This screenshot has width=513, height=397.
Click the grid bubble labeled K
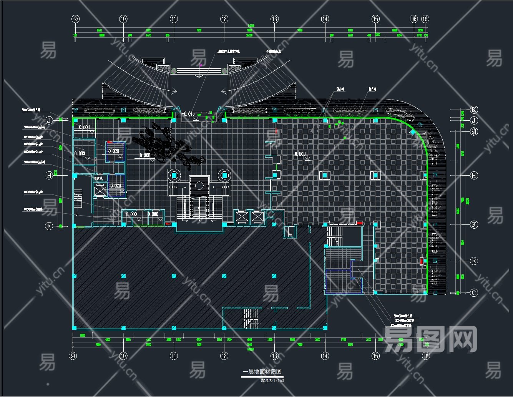pos(474,110)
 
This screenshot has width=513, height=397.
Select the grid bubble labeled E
pos(474,261)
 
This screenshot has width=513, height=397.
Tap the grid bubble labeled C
pos(474,293)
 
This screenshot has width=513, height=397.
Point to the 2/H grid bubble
pos(474,131)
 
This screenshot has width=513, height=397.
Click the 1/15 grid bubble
pos(413,19)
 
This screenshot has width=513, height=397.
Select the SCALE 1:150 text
pos(272,380)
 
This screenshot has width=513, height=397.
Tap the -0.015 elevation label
pos(188,114)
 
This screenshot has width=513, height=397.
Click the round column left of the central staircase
pos(174,175)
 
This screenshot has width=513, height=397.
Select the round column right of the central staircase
pos(224,175)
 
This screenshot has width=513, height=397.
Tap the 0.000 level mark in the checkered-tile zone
pos(300,154)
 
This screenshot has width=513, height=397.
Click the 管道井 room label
pos(100,178)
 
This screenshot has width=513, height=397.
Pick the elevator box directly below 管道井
pos(100,191)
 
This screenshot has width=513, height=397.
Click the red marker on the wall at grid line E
pos(422,261)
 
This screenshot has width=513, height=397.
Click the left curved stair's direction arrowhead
pos(174,91)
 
